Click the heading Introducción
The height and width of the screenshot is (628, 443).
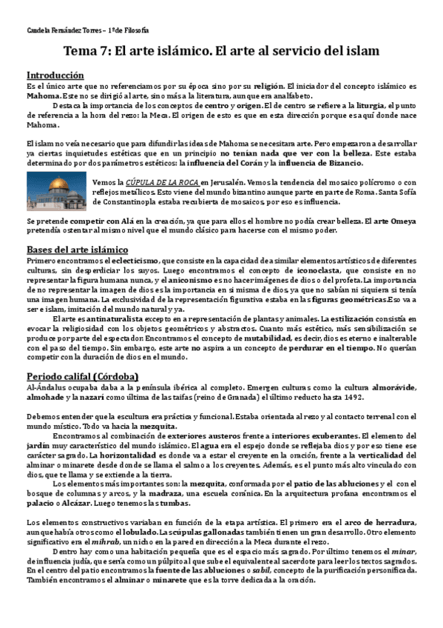point(55,75)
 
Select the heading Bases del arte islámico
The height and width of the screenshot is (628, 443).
point(77,250)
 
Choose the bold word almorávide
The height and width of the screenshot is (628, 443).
point(388,387)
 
